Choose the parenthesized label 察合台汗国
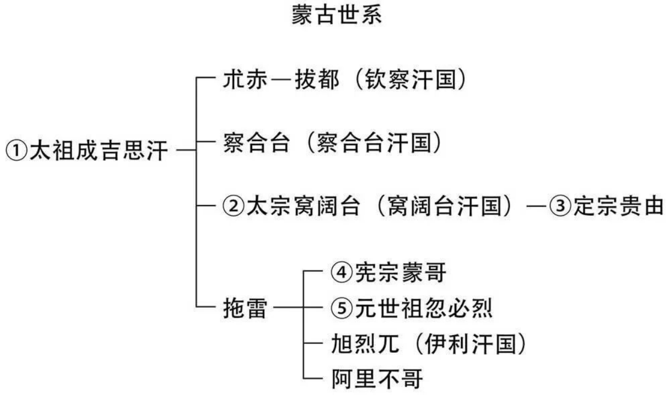point(378,144)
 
